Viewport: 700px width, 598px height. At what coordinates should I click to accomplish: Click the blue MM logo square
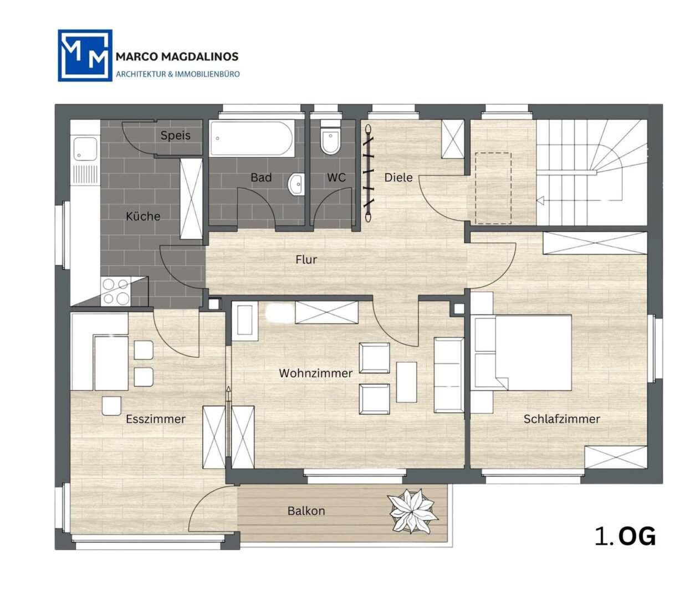[x=85, y=55]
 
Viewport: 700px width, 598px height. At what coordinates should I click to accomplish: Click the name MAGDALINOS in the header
[x=200, y=56]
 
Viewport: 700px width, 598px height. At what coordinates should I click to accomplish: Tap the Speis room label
[x=176, y=135]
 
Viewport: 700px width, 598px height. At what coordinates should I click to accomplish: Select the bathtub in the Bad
[x=252, y=138]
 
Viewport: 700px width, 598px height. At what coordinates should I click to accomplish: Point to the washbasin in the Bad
[x=296, y=184]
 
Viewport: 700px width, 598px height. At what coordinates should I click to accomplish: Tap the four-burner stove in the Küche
[x=115, y=291]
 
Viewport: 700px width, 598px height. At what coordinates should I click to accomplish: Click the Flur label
[x=306, y=260]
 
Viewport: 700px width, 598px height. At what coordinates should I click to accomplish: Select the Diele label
[x=398, y=177]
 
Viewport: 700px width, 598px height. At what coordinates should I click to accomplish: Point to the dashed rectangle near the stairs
[x=493, y=188]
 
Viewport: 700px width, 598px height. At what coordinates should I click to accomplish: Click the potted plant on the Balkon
[x=412, y=511]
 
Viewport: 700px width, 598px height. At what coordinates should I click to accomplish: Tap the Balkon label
[x=306, y=511]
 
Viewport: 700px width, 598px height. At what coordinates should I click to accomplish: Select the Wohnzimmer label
[x=315, y=373]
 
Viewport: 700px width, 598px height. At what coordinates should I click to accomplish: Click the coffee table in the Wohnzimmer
[x=406, y=382]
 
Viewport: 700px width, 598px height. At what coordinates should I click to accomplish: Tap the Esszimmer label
[x=155, y=419]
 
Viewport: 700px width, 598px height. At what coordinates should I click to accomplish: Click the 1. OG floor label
[x=625, y=537]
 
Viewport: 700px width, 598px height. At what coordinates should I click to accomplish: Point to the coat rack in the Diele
[x=368, y=173]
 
